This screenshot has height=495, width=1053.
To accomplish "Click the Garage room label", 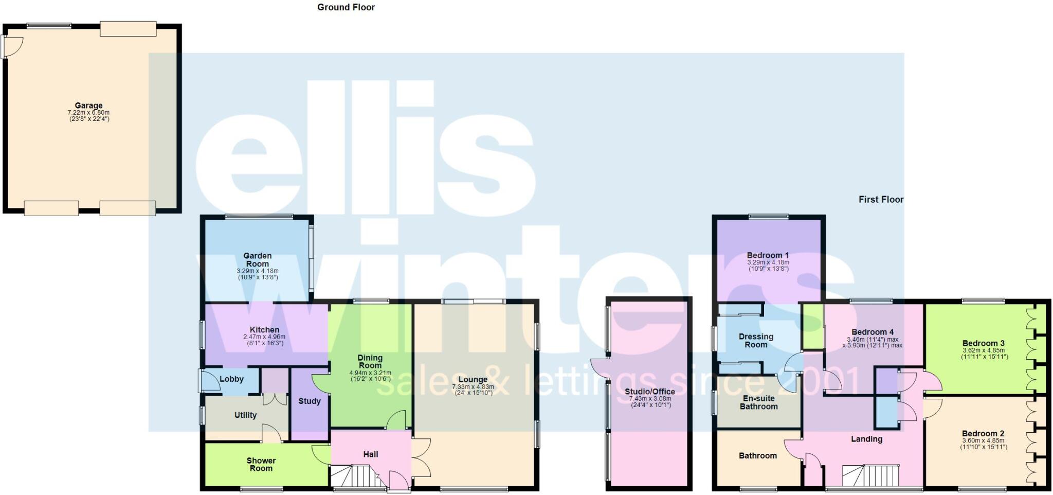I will coord(88,105).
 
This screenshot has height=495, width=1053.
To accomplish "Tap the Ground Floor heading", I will coord(346,7).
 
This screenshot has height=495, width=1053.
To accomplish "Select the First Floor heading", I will coord(881,199).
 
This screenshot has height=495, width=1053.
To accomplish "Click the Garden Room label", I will coord(257,259).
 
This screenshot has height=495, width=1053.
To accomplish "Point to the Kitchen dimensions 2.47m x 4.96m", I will coord(264,337).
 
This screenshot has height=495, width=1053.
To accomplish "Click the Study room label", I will coord(310,401).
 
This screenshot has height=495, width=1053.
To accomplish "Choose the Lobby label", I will coord(231,379).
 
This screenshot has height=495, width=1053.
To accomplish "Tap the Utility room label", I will coord(245,415).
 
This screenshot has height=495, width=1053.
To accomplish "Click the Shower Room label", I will coord(261,464).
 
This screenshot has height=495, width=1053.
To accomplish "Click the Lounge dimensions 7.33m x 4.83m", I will coord(473,387).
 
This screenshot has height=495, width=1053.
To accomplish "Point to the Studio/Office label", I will coord(650,392).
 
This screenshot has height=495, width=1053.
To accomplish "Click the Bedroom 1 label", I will coord(768,255).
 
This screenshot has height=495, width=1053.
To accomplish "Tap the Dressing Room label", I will coord(756,341).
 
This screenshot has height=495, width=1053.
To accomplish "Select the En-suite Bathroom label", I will coord(758,402).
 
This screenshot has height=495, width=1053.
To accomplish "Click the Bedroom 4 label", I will coord(873,332).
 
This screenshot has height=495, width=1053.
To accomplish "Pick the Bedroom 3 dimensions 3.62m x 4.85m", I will coord(984,350).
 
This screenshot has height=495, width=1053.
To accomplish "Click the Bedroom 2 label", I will coord(983,433).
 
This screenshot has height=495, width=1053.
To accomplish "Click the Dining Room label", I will coord(370,361).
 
